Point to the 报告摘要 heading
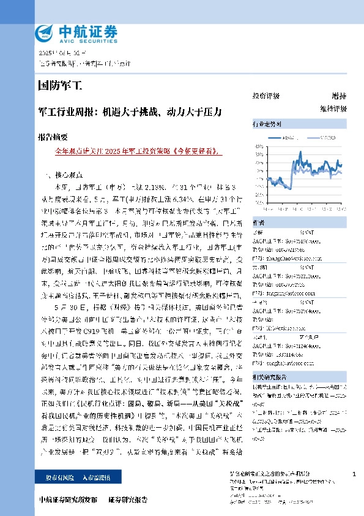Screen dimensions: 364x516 coord(52,137)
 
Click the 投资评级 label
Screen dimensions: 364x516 coord(266,96)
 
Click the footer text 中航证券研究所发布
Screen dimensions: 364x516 coord(67,500)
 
